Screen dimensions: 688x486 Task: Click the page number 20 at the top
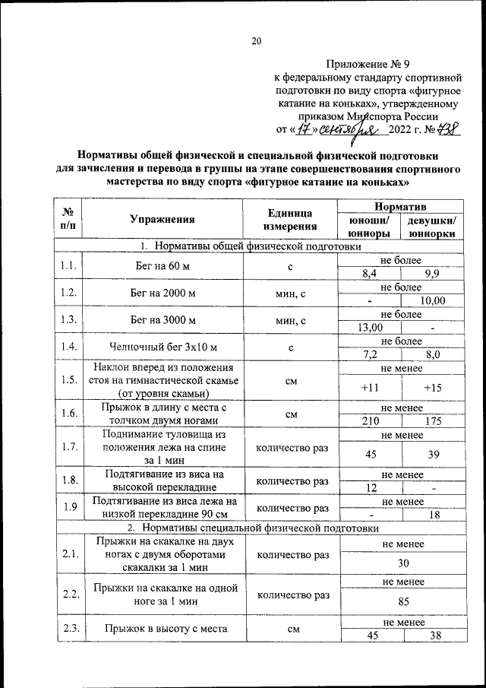[257, 41]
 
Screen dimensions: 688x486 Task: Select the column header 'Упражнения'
[162, 220]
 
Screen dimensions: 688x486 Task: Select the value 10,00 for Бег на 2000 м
[432, 301]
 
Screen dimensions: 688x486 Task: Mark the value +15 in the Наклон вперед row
[433, 388]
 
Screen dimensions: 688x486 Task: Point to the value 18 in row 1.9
[432, 515]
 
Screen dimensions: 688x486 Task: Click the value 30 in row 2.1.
[401, 563]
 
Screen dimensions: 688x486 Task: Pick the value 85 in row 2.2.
[401, 608]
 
